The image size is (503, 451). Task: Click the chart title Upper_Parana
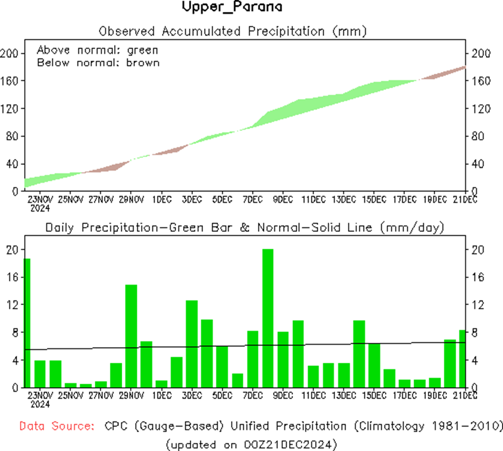click(232, 8)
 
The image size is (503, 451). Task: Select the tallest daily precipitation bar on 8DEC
click(268, 318)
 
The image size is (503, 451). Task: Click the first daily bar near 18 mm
click(27, 323)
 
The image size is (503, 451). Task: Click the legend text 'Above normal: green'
click(97, 50)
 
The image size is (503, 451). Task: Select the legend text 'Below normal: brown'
click(98, 62)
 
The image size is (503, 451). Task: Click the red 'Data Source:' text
click(55, 426)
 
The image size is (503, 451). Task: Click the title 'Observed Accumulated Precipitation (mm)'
click(233, 31)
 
